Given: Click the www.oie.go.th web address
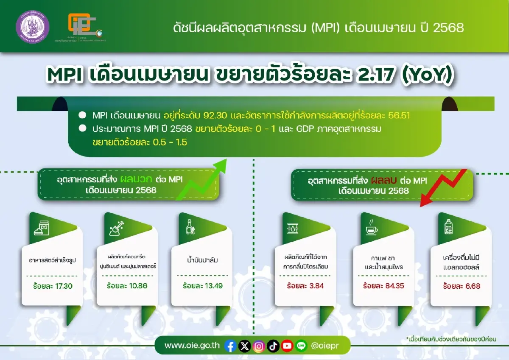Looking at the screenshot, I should [x=192, y=346].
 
